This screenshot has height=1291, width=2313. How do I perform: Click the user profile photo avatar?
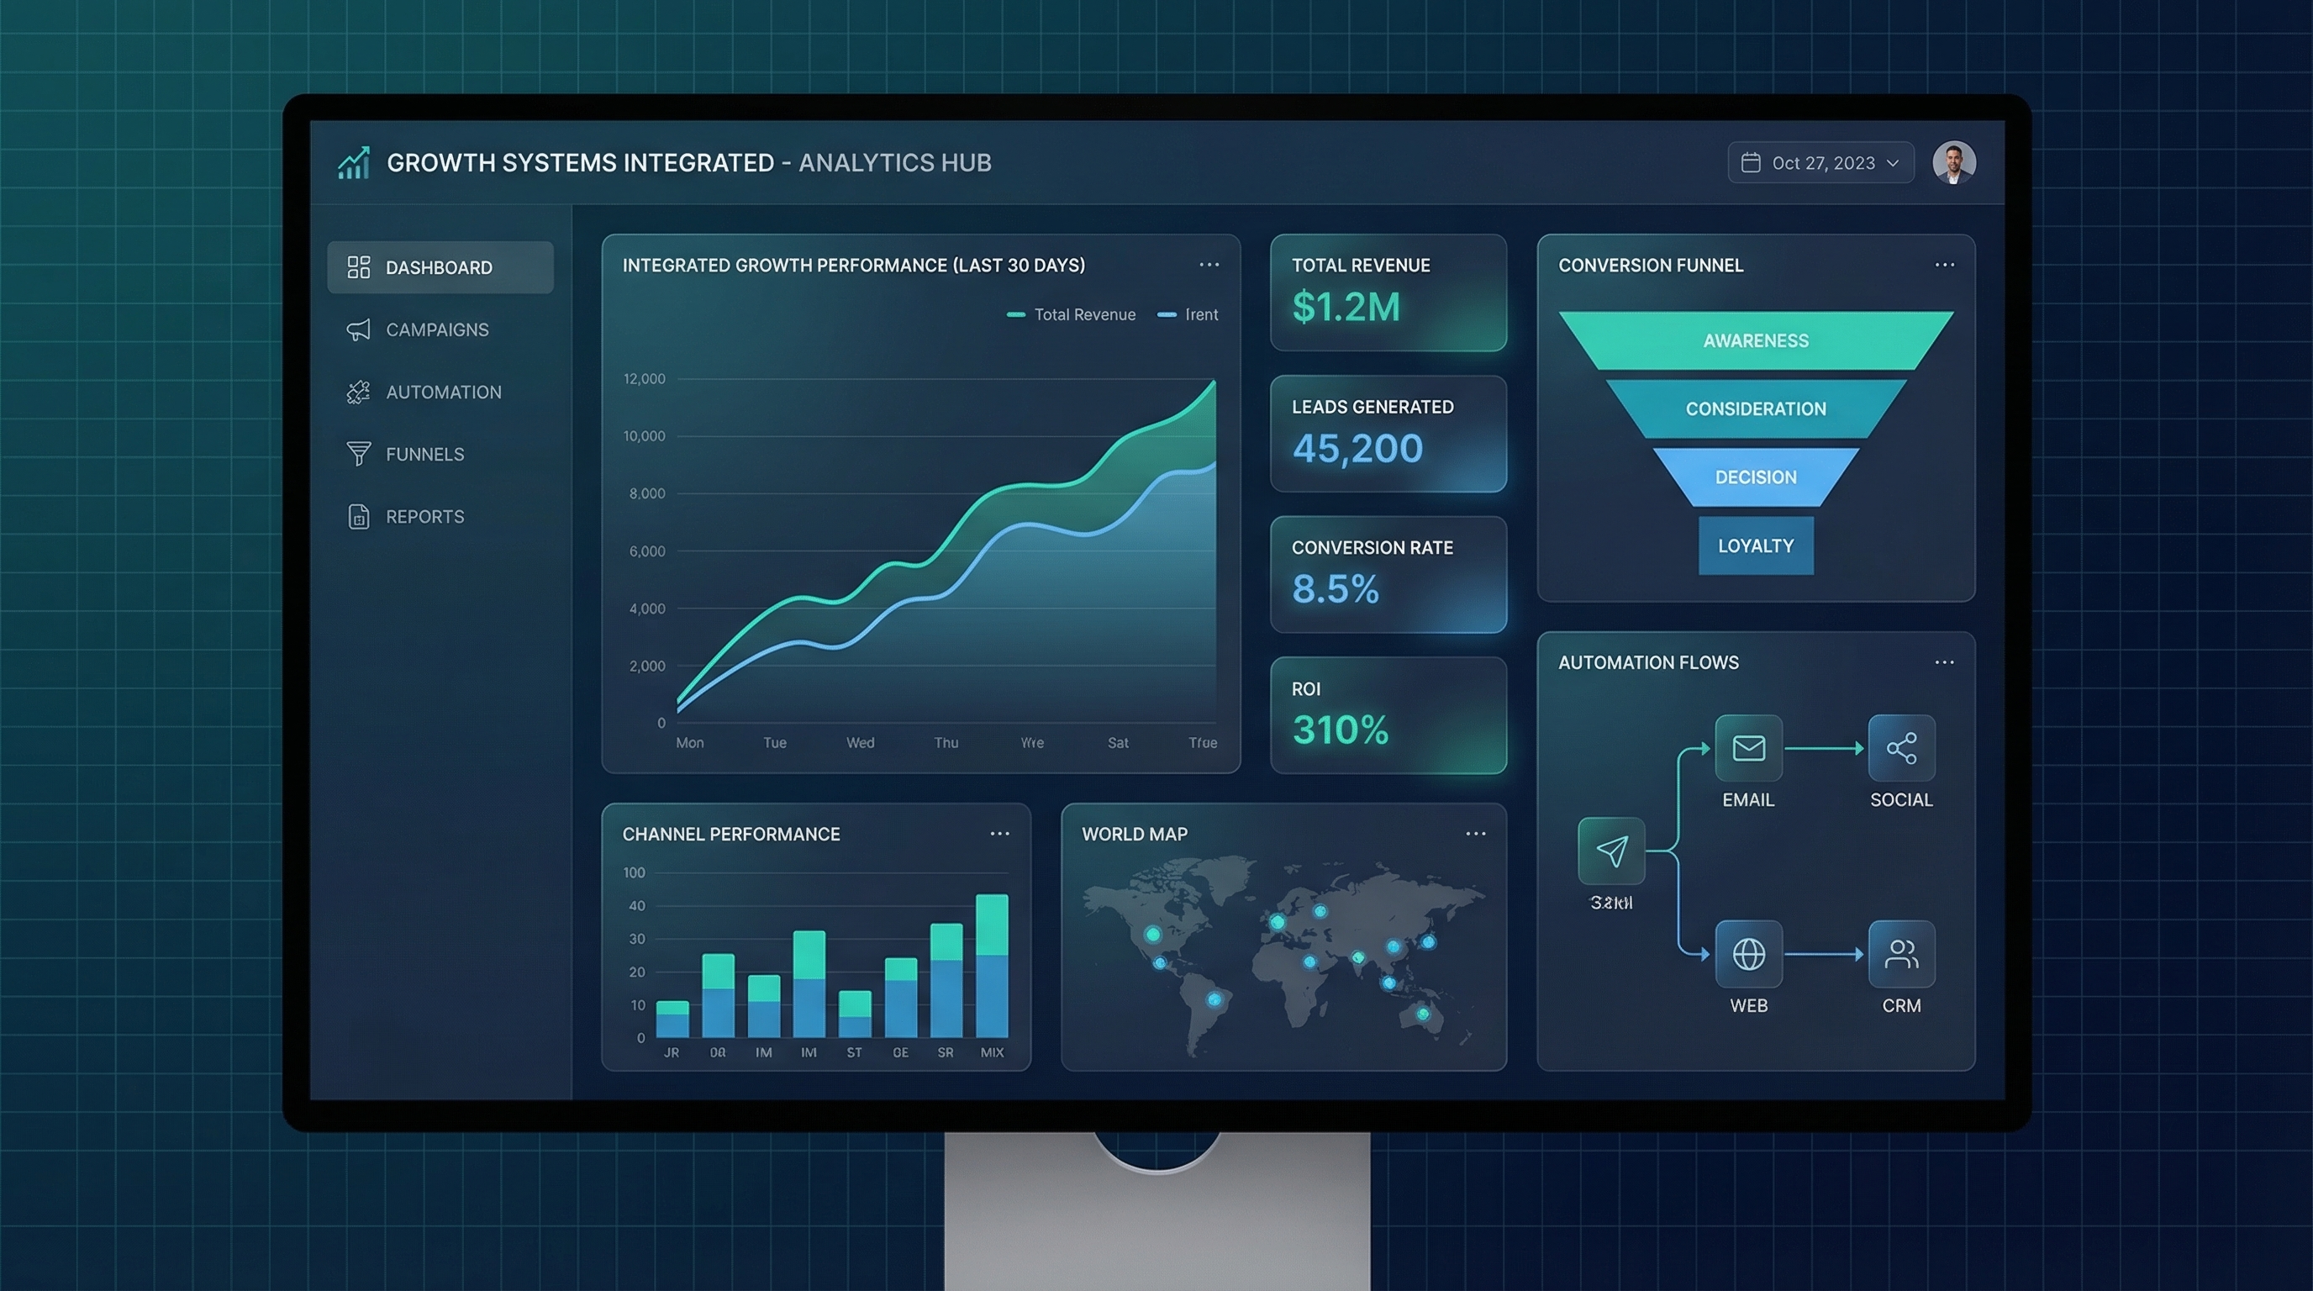point(1954,162)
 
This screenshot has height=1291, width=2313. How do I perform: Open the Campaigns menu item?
point(437,329)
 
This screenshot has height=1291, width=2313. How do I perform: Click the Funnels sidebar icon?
point(358,453)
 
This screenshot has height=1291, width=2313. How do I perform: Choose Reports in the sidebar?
point(424,516)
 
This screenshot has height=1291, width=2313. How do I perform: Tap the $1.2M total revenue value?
point(1346,307)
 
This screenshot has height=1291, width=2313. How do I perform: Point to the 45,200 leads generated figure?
point(1357,448)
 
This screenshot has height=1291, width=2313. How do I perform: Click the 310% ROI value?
point(1341,729)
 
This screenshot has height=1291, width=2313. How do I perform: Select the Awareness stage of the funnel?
point(1756,340)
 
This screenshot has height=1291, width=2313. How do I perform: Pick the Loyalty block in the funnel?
point(1756,545)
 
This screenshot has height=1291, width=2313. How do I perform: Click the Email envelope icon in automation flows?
point(1748,748)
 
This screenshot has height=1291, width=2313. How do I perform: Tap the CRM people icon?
point(1901,953)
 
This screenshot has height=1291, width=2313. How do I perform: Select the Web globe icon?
point(1748,953)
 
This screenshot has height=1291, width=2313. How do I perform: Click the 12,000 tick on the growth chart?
point(645,379)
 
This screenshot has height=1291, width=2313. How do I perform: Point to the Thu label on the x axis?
point(946,742)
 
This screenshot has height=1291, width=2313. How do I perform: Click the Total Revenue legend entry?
point(1072,314)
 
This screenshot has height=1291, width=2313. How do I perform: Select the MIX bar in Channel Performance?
point(991,966)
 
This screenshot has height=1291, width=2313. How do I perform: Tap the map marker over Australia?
point(1423,1014)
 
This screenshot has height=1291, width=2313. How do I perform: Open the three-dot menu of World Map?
point(1475,834)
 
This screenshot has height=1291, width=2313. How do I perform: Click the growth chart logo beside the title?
point(354,162)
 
